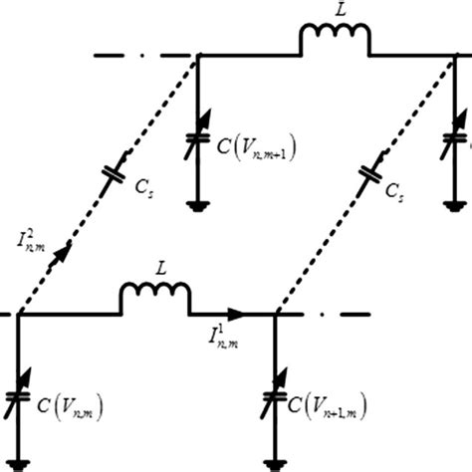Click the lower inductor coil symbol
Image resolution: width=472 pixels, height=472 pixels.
coord(154,296)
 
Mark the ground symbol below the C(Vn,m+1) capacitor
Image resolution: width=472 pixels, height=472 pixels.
coord(197,207)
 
